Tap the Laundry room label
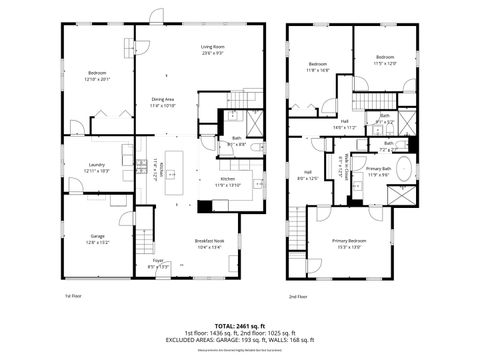[97, 167]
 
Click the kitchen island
[171, 177]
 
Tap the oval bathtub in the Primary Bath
[403, 168]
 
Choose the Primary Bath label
[378, 171]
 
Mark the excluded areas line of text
[240, 339]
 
